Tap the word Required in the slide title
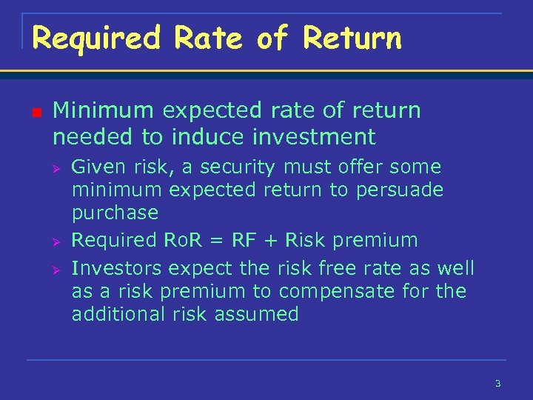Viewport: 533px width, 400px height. tap(96, 39)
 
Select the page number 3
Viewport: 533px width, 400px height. tap(497, 383)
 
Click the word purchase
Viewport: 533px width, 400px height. tap(115, 213)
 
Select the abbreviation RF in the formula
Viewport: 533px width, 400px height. tap(244, 240)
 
